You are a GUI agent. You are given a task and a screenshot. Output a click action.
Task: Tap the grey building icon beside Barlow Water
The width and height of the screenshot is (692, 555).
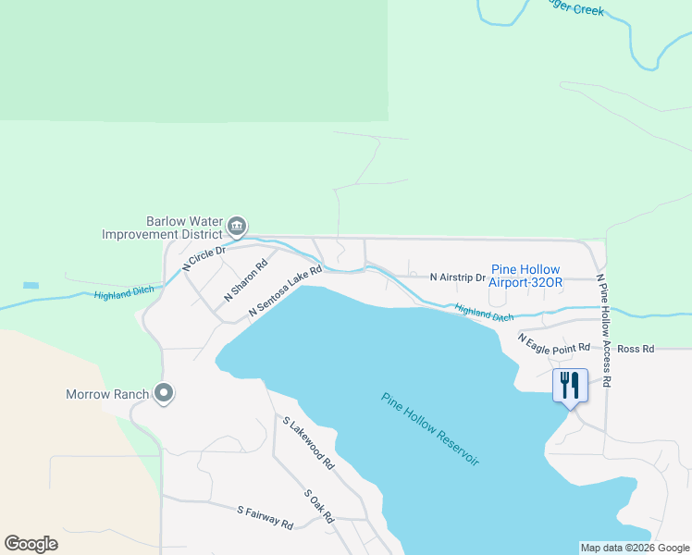[237, 225]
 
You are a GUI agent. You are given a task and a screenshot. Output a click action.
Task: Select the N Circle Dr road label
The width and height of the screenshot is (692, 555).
[204, 257]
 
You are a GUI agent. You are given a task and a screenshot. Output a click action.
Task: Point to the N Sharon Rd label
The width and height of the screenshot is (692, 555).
[245, 281]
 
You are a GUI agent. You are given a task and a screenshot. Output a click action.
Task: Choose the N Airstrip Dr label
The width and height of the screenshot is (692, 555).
[457, 277]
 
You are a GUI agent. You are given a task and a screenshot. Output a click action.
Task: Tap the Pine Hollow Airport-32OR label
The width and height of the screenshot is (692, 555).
[525, 276]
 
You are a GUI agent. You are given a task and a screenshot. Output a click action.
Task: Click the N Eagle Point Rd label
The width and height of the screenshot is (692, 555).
[553, 342]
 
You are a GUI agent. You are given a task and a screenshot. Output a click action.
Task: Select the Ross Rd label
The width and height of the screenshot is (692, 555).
[636, 349]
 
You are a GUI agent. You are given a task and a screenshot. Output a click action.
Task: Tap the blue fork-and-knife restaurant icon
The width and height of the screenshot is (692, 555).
[570, 384]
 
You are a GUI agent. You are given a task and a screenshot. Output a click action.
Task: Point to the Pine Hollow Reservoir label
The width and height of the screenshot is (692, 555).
[430, 429]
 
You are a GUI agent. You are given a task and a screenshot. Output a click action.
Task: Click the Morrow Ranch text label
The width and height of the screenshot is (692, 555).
[107, 394]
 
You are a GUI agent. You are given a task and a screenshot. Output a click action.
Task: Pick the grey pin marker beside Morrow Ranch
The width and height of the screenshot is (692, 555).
[164, 394]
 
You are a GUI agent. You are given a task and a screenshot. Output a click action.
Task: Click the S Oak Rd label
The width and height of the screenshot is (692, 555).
[318, 506]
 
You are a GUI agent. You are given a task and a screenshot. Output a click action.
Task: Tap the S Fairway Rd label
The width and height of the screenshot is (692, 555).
[265, 517]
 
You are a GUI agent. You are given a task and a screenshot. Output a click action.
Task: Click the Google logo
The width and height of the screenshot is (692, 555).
[31, 544]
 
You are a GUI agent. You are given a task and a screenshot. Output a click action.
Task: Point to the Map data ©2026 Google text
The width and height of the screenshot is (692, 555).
[635, 548]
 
